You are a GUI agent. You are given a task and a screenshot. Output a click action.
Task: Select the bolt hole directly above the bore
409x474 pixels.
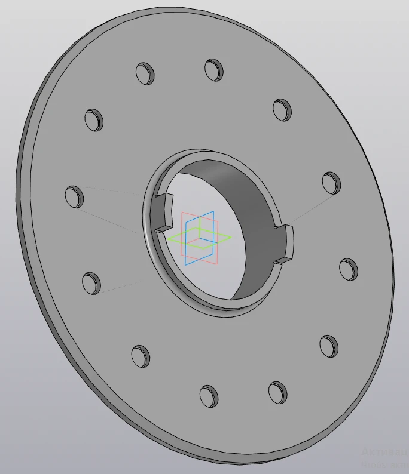213,69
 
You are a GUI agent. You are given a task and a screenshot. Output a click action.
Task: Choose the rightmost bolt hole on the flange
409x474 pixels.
348,269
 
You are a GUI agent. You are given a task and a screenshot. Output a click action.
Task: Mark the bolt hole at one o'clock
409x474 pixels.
282,109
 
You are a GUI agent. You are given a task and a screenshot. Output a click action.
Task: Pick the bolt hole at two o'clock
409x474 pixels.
331,182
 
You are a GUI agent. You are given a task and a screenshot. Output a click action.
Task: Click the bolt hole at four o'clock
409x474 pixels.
329,346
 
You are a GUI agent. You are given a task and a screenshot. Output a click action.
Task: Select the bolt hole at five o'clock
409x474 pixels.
277,392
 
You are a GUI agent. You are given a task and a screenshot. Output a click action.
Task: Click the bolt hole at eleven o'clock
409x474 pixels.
145,72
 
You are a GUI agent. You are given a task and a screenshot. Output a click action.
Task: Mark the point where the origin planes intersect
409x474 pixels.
200,237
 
